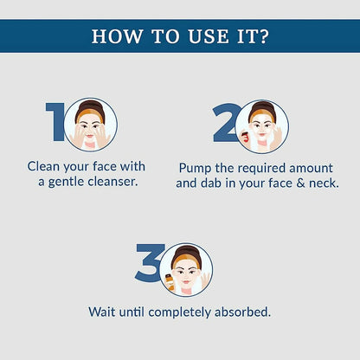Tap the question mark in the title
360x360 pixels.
coord(262,36)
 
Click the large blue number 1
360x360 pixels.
coord(55,122)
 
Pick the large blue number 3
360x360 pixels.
coord(149,262)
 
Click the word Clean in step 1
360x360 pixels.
coord(43,166)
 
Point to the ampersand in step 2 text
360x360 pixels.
coord(300,183)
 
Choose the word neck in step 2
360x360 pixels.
coord(324,183)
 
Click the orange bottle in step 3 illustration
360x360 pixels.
coord(170,282)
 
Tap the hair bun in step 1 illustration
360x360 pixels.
coord(91,104)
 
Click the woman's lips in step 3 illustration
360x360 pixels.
coord(186,282)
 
